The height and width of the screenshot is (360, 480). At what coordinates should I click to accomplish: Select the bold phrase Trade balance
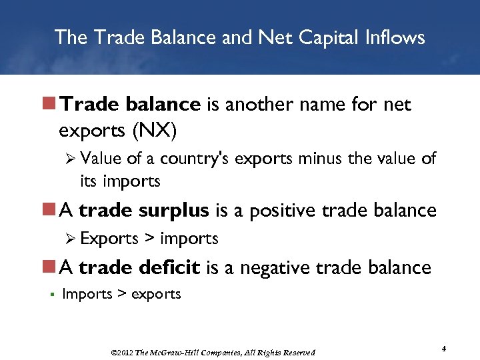130,105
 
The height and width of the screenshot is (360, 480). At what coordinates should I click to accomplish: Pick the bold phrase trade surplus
143,211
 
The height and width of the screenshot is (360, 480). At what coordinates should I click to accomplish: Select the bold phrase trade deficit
139,267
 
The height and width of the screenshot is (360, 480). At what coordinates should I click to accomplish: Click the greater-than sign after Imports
121,294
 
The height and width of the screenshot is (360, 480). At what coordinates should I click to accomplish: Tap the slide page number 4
443,349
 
